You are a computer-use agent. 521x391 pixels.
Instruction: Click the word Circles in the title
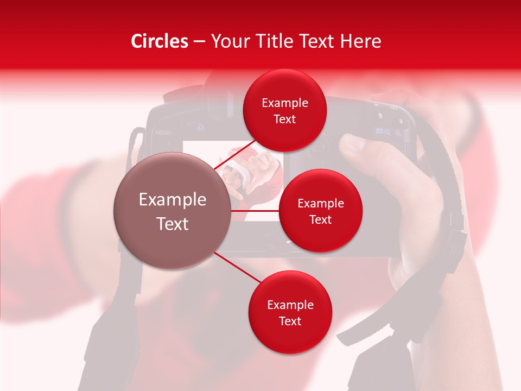pyautogui.click(x=160, y=41)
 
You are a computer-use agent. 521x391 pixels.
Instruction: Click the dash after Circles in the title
pyautogui.click(x=199, y=42)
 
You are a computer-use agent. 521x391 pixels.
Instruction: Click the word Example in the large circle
pyautogui.click(x=173, y=200)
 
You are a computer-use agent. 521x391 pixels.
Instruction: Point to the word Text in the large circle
pyautogui.click(x=173, y=224)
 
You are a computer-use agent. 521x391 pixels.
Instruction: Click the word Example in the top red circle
pyautogui.click(x=285, y=103)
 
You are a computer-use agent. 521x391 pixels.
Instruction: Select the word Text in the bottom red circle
pyautogui.click(x=290, y=321)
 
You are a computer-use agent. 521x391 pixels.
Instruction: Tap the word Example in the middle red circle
pyautogui.click(x=321, y=204)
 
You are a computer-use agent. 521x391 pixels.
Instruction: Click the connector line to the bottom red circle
pyautogui.click(x=236, y=267)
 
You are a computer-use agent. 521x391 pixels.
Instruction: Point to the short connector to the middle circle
pyautogui.click(x=255, y=211)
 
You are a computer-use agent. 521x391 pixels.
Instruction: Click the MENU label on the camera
pyautogui.click(x=163, y=133)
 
